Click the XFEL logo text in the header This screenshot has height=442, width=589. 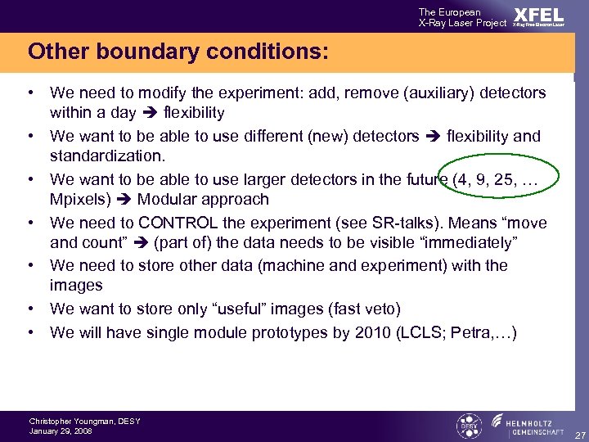point(538,16)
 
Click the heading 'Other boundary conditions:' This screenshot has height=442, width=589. point(178,52)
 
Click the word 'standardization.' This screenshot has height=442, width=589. point(101,156)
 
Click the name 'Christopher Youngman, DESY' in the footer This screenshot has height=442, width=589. point(84,422)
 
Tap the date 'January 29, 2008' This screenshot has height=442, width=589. point(61,431)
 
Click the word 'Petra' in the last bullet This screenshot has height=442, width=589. point(472,332)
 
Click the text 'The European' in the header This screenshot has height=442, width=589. point(449,11)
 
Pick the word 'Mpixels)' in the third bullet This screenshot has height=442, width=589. point(77,199)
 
